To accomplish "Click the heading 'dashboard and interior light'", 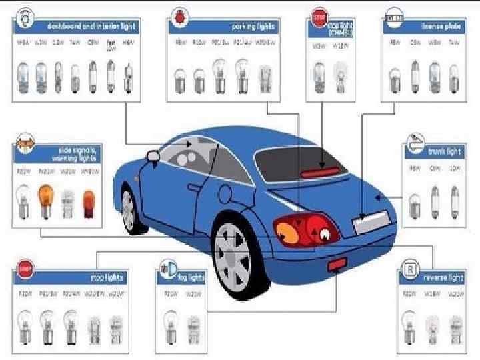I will (91, 26).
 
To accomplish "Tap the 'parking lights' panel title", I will (253, 26).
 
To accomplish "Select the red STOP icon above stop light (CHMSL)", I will (319, 16).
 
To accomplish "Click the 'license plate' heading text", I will (440, 26).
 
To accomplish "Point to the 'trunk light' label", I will (444, 151).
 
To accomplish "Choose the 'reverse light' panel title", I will (443, 277).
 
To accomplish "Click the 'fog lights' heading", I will (191, 277).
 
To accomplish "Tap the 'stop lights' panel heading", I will (107, 277).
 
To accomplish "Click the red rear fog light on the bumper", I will (335, 267).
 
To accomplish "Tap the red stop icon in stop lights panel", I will (25, 269).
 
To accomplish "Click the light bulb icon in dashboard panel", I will (24, 17).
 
